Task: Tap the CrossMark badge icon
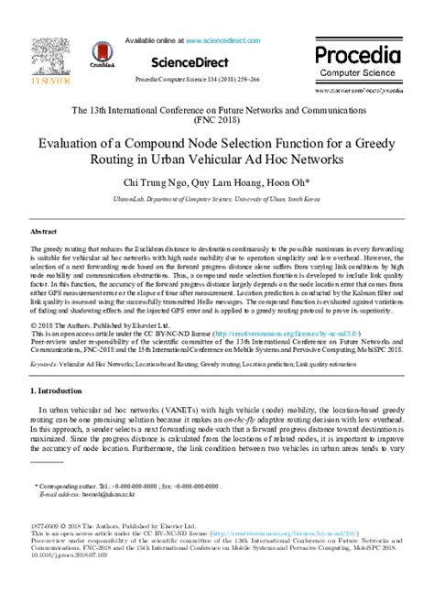[x=98, y=50]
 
